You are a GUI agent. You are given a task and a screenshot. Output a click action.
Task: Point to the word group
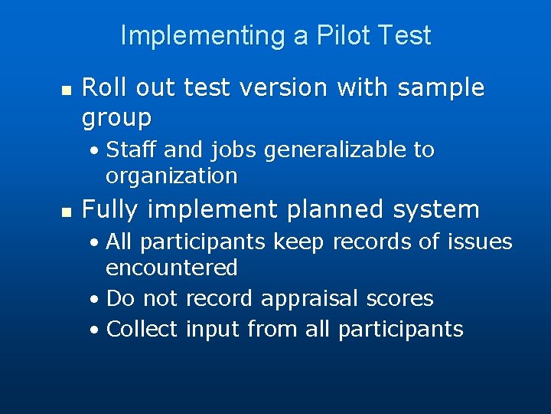116,118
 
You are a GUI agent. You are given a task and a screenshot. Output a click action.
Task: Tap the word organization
171,176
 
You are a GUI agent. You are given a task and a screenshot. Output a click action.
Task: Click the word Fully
111,209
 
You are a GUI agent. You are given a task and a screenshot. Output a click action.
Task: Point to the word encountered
171,268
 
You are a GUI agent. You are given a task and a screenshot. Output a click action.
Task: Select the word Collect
142,329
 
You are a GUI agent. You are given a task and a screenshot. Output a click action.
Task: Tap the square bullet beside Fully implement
66,211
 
